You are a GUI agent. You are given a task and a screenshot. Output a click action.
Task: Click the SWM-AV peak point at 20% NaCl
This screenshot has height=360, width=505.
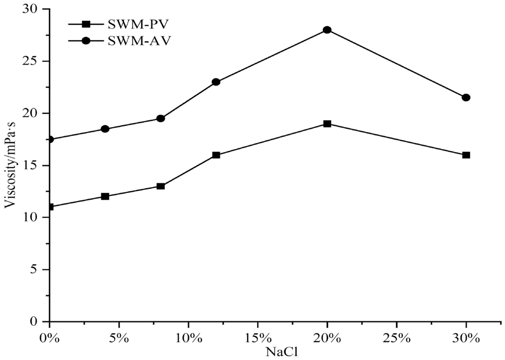327,30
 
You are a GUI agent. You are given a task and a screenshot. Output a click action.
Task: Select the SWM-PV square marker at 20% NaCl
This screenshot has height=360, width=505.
327,124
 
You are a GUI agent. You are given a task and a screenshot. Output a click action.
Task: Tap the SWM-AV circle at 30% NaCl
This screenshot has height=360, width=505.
466,97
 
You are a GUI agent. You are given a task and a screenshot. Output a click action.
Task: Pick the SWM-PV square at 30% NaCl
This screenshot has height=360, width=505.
466,155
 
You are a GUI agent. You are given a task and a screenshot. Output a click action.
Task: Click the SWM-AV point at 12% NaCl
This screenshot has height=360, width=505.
216,82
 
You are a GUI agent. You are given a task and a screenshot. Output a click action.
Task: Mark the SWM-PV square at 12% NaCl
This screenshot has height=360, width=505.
216,155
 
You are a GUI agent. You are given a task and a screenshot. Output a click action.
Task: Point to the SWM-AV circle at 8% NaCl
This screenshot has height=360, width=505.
160,118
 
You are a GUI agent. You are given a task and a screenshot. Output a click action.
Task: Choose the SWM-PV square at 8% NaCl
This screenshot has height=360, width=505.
160,186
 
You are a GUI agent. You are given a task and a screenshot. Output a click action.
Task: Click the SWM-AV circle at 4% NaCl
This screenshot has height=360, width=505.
105,129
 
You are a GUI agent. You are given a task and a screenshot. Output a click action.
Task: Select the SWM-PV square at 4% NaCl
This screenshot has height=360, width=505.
105,197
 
